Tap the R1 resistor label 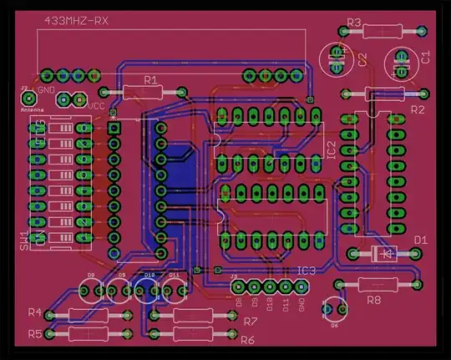coord(150,79)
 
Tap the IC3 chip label coord(307,271)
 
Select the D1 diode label coord(420,241)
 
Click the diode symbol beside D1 coord(383,251)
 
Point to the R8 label coord(373,299)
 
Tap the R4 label coord(34,312)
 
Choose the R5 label coord(34,333)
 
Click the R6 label coord(247,341)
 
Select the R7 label coord(250,322)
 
